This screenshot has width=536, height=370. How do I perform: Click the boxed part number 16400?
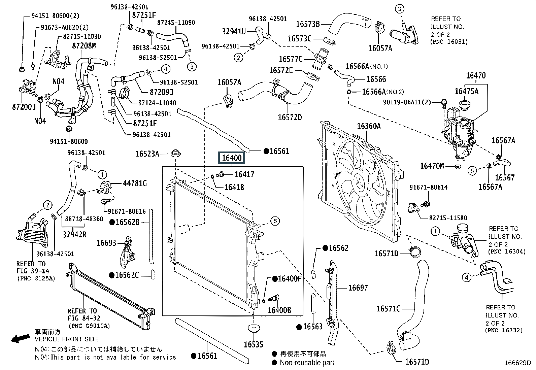(231, 158)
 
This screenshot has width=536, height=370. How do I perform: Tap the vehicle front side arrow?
(20, 338)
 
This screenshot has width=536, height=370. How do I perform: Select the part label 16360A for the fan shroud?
(369, 126)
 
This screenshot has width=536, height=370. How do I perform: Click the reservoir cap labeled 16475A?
(464, 105)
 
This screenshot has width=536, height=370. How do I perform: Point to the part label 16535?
(254, 344)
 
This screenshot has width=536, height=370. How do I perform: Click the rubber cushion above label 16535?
(254, 328)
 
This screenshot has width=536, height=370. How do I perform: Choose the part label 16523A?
(147, 154)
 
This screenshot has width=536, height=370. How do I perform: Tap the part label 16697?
(358, 288)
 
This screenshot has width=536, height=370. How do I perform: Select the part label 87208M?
(84, 45)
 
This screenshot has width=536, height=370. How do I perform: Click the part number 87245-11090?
(176, 23)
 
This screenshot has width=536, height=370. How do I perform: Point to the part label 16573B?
(308, 24)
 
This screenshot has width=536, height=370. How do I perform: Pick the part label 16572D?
(290, 117)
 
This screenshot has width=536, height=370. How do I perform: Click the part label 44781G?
(135, 183)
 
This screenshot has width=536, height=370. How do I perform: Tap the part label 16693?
(106, 243)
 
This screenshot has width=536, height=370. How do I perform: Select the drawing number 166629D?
(518, 363)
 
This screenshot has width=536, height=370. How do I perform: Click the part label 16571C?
(388, 309)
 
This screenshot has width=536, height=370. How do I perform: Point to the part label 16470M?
(432, 166)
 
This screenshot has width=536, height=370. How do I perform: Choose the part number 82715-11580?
(448, 218)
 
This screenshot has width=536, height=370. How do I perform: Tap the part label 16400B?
(279, 310)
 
